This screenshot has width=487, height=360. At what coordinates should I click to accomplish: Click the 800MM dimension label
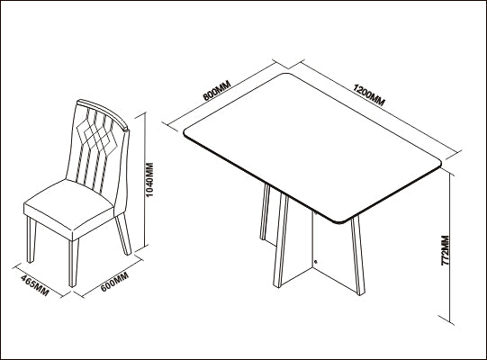[x=217, y=90]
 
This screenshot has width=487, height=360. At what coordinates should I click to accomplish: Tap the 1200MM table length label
[x=369, y=94]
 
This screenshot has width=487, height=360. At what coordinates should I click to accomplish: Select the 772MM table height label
[x=446, y=251]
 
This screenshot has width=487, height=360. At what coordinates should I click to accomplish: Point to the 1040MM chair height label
[x=149, y=179]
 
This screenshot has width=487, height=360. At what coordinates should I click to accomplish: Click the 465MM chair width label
[x=35, y=285]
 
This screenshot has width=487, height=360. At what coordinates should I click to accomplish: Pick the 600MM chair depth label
[x=114, y=282]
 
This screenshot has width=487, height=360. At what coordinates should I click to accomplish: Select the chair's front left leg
[x=32, y=239]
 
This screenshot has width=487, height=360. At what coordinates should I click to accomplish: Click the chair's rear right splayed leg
[x=123, y=234]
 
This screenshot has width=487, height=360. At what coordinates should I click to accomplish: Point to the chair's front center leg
[x=73, y=263]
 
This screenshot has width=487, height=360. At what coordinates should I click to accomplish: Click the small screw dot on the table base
[x=316, y=262]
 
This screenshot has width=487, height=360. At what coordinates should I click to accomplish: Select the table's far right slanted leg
[x=358, y=256]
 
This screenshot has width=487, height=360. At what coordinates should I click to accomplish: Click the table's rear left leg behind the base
[x=265, y=211]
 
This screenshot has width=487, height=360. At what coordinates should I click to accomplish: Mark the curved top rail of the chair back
[x=103, y=112]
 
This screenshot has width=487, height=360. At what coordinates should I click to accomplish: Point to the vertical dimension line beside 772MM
[x=449, y=248]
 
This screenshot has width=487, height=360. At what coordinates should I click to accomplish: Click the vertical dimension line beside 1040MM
[x=145, y=181]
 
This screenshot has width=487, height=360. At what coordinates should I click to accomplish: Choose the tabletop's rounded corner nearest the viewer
[x=342, y=221]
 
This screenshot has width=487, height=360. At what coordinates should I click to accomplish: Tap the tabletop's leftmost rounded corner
[x=185, y=133]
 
